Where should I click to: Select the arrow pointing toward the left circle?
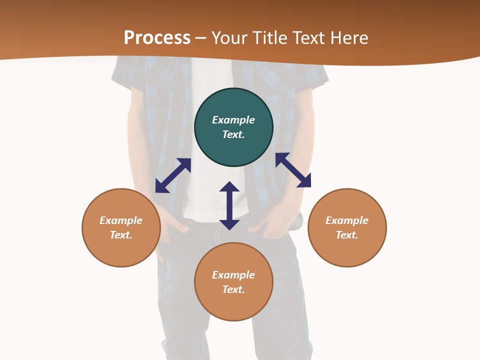(173, 175)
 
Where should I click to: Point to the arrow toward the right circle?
(293, 170)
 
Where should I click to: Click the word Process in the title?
(157, 38)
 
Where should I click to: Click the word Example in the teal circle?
(233, 120)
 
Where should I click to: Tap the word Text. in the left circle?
(121, 235)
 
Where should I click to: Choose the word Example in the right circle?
(347, 220)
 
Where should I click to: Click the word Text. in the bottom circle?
(233, 289)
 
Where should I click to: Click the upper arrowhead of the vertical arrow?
(229, 187)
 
